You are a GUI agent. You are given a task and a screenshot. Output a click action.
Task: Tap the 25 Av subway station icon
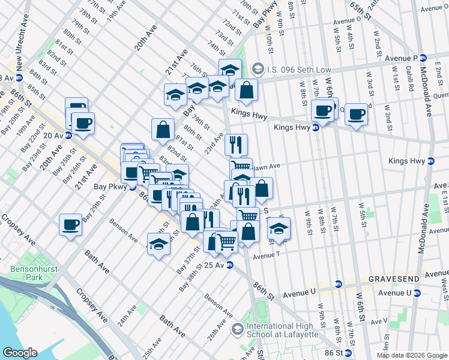[229, 265]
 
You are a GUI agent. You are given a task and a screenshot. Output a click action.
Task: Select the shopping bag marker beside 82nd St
[163, 128]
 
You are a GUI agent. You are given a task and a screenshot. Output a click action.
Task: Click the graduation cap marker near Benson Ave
[158, 245]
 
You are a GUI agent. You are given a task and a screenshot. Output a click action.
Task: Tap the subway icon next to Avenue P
[423, 58]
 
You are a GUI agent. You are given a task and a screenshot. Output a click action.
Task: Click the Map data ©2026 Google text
[411, 355]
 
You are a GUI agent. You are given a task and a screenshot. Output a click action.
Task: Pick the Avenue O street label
[347, 19]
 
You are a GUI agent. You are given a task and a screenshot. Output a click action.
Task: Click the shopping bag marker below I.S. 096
[246, 91]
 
